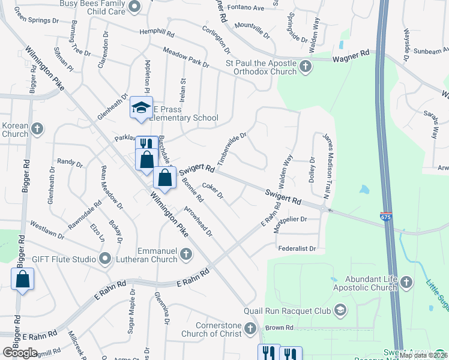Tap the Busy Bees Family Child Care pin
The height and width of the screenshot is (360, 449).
coord(134,7)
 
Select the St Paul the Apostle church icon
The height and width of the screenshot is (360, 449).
coord(306,66)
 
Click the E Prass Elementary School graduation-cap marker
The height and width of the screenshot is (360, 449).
coord(141,107)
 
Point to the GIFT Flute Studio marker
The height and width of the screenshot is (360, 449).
coord(106,259)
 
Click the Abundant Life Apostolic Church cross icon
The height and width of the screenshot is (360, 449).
coord(406,282)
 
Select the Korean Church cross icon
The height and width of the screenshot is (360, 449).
coord(37,128)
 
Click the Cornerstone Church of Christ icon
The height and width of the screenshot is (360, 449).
coord(250,328)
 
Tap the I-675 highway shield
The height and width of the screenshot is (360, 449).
coord(387,215)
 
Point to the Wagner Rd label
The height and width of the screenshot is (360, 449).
coord(351,55)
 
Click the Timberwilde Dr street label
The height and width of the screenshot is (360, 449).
coord(232,149)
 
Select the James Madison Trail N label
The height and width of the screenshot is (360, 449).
coord(327,166)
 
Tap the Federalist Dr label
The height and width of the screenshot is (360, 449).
coord(297,248)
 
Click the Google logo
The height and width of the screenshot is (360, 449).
coord(20,353)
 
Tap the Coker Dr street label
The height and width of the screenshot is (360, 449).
coord(212,190)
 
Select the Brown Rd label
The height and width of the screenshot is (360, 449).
coord(279,328)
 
